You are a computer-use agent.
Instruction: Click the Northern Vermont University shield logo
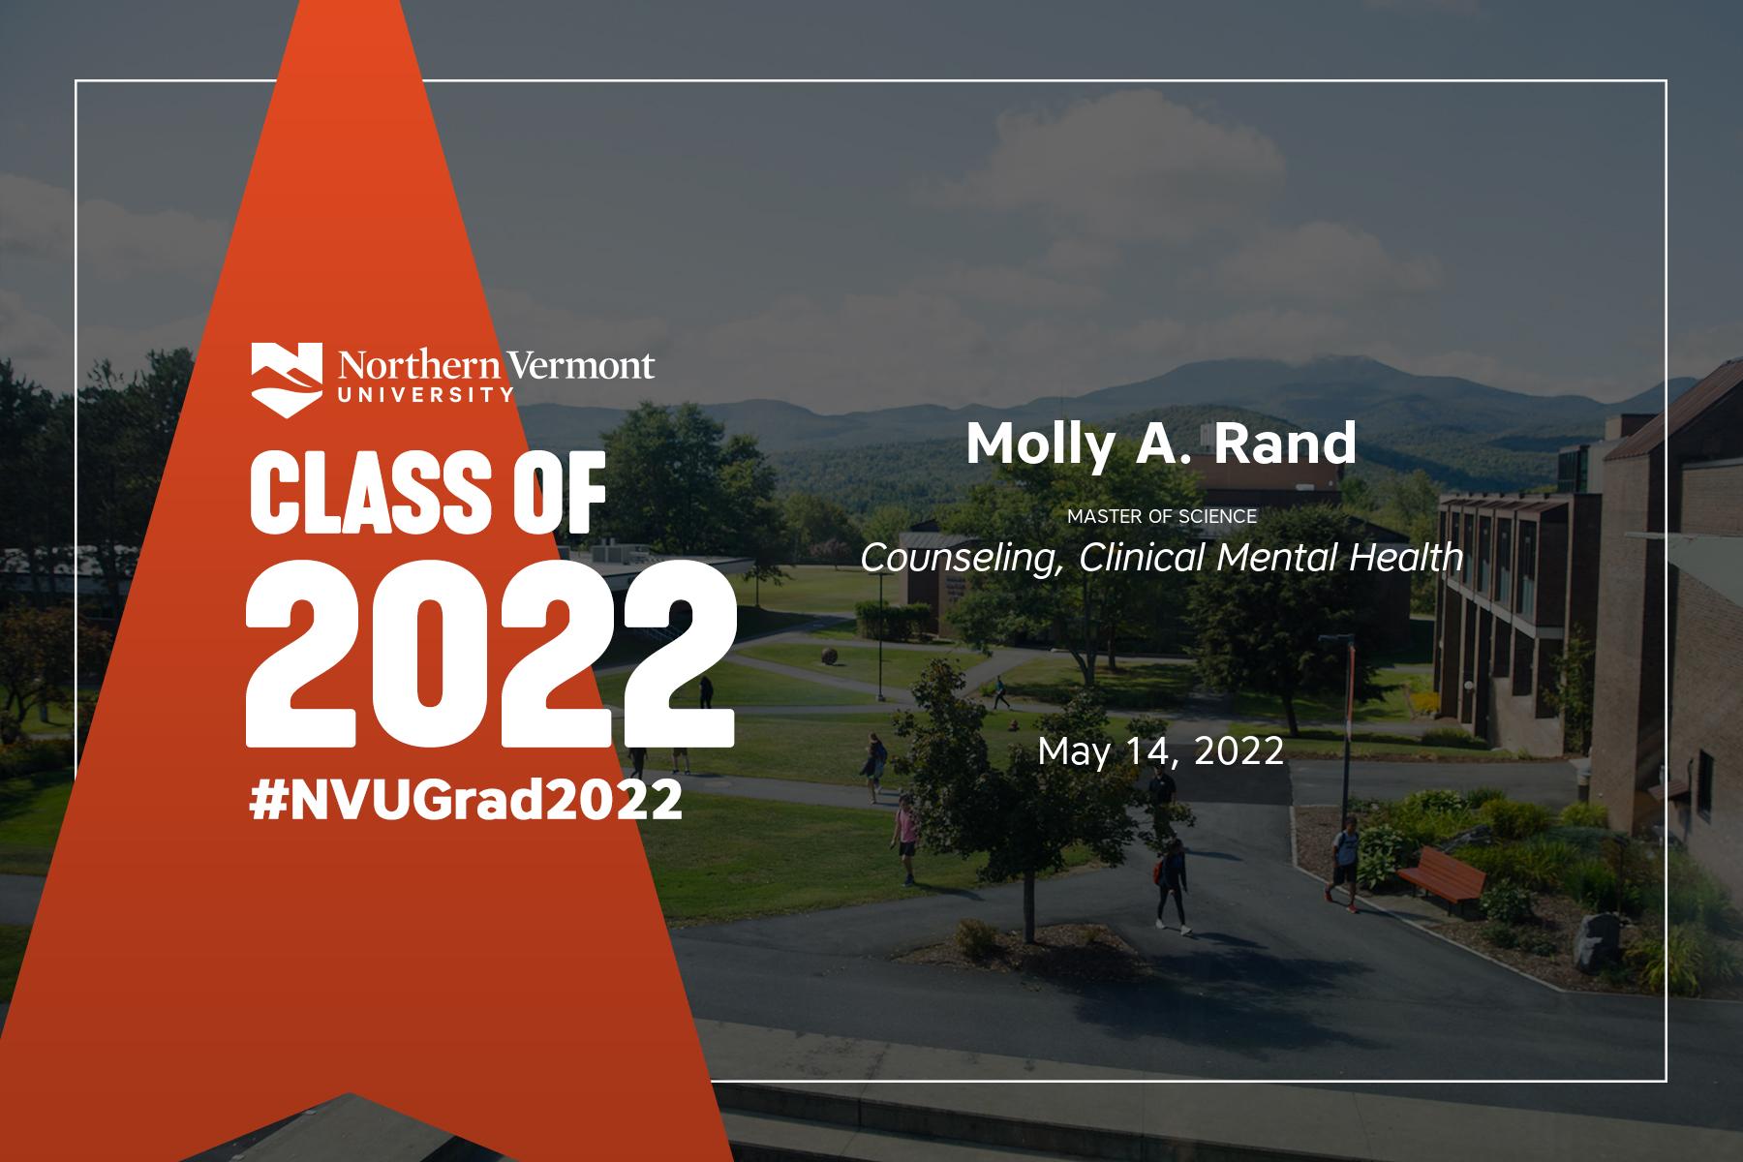(x=288, y=379)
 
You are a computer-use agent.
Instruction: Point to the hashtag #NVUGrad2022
(x=466, y=802)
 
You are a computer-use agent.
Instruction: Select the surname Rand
(x=1285, y=443)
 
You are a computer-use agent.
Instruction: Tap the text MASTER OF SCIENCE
(x=1162, y=516)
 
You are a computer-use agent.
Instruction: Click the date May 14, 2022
(x=1161, y=751)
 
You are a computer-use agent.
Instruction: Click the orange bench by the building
(x=1440, y=877)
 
